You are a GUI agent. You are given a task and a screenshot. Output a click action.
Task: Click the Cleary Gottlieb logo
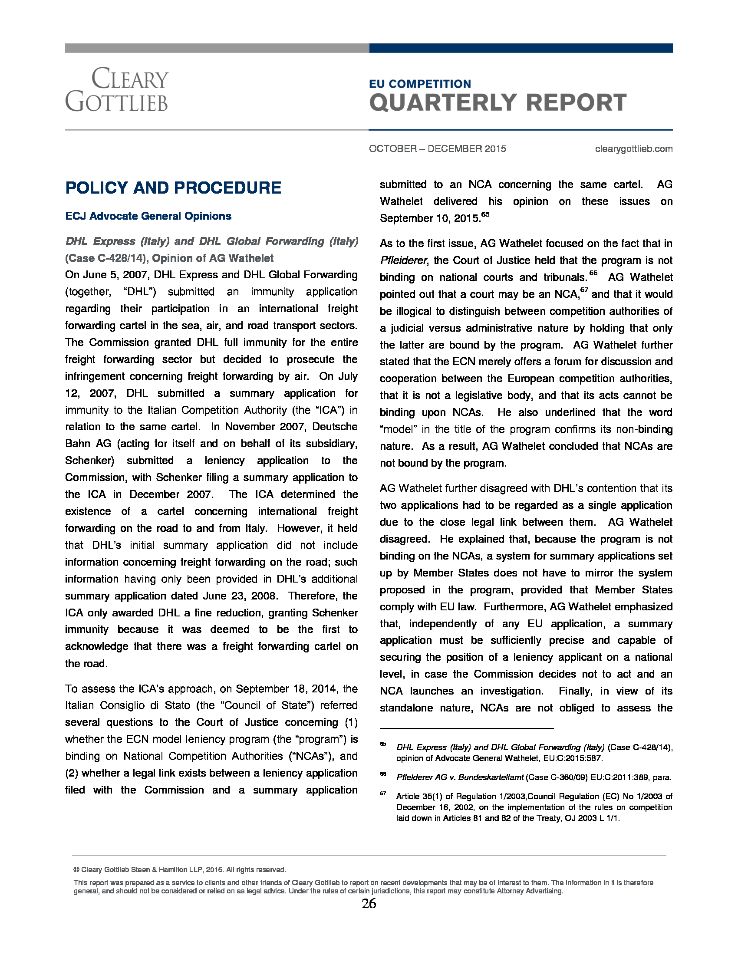coord(117,90)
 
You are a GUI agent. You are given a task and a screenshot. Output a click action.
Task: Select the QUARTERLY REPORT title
coord(497,103)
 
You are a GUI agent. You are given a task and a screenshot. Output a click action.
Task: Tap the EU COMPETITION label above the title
coord(420,83)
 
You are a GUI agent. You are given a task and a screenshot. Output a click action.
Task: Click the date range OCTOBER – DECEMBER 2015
coord(437,148)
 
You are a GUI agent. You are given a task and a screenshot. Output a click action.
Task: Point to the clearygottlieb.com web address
coord(633,148)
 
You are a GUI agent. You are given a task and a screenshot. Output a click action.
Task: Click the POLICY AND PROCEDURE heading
coord(173,188)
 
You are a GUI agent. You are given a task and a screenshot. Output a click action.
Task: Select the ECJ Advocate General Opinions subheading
coord(148,216)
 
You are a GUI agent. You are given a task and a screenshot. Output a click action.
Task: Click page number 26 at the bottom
coord(369,904)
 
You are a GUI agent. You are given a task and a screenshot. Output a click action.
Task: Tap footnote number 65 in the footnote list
coord(383,744)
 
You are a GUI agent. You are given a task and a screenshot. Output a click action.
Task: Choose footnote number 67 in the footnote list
coord(383,793)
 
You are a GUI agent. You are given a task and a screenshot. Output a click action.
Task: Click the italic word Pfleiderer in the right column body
coord(403,260)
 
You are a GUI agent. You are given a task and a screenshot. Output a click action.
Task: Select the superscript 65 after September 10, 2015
coord(485,214)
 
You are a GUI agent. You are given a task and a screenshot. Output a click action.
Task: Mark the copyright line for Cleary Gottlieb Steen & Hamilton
coord(180,869)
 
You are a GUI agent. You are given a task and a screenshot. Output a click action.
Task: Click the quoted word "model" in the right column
coord(398,429)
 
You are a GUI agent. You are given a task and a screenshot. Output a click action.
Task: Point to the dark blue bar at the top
coord(520,48)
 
